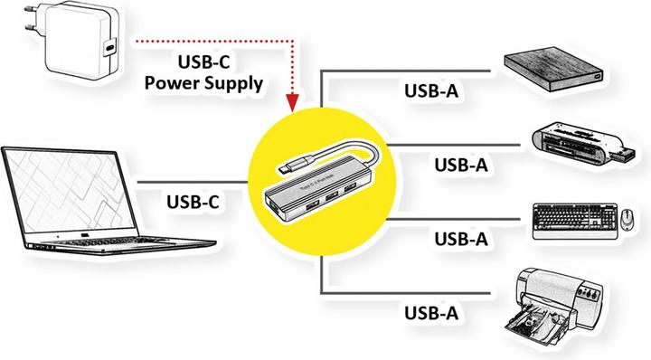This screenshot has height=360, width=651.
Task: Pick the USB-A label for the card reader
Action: click(461, 165)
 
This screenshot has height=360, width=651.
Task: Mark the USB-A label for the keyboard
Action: click(461, 239)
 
